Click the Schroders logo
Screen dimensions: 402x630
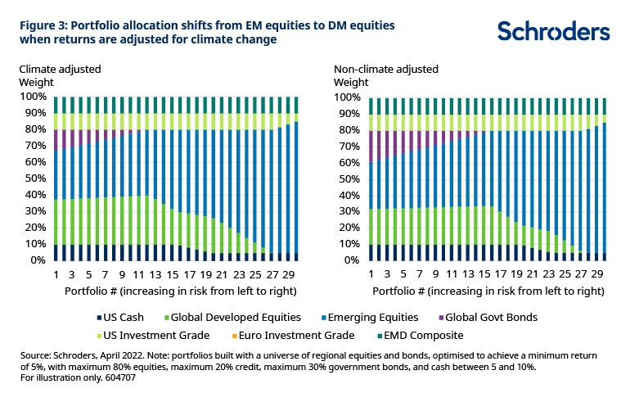554,32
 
